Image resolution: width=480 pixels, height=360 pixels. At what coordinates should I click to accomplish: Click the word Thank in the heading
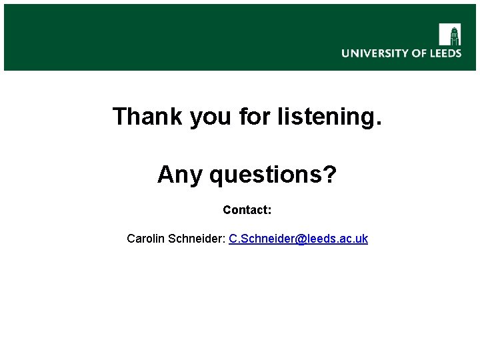[x=148, y=116]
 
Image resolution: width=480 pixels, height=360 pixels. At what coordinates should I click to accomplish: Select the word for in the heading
[x=257, y=116]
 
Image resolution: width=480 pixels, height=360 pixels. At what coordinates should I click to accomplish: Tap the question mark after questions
[x=330, y=175]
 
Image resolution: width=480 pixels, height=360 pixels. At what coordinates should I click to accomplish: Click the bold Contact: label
[x=247, y=210]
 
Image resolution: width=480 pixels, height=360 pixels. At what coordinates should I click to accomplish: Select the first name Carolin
[x=146, y=239]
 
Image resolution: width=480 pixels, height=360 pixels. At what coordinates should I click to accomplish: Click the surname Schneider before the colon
[x=196, y=239]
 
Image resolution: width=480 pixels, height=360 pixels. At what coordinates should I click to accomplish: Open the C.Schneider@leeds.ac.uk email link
[x=298, y=239]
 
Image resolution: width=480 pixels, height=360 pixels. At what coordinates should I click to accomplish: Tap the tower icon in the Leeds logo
[x=450, y=34]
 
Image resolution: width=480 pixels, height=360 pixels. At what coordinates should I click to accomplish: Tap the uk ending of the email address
[x=362, y=239]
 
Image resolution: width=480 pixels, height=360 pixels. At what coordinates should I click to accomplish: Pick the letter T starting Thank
[x=120, y=116]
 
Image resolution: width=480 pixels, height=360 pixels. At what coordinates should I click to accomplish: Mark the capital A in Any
[x=165, y=175]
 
